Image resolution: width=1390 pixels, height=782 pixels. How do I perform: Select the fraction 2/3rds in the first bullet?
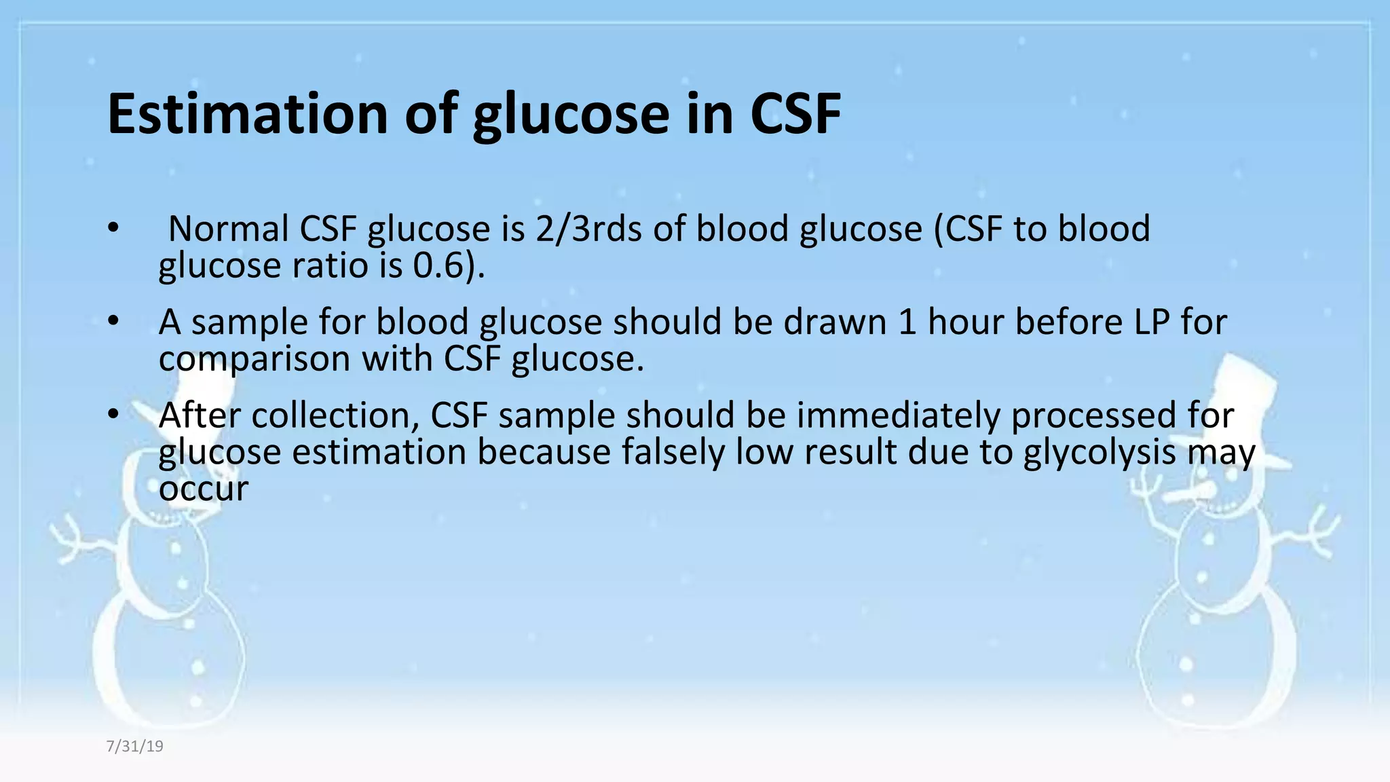tap(588, 229)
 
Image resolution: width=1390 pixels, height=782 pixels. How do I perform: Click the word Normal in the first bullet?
tap(228, 229)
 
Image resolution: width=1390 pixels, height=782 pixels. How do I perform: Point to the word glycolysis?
tap(1100, 452)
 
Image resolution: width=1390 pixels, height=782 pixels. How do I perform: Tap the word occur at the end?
tap(204, 489)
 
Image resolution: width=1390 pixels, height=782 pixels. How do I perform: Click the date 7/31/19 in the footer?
tap(134, 747)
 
